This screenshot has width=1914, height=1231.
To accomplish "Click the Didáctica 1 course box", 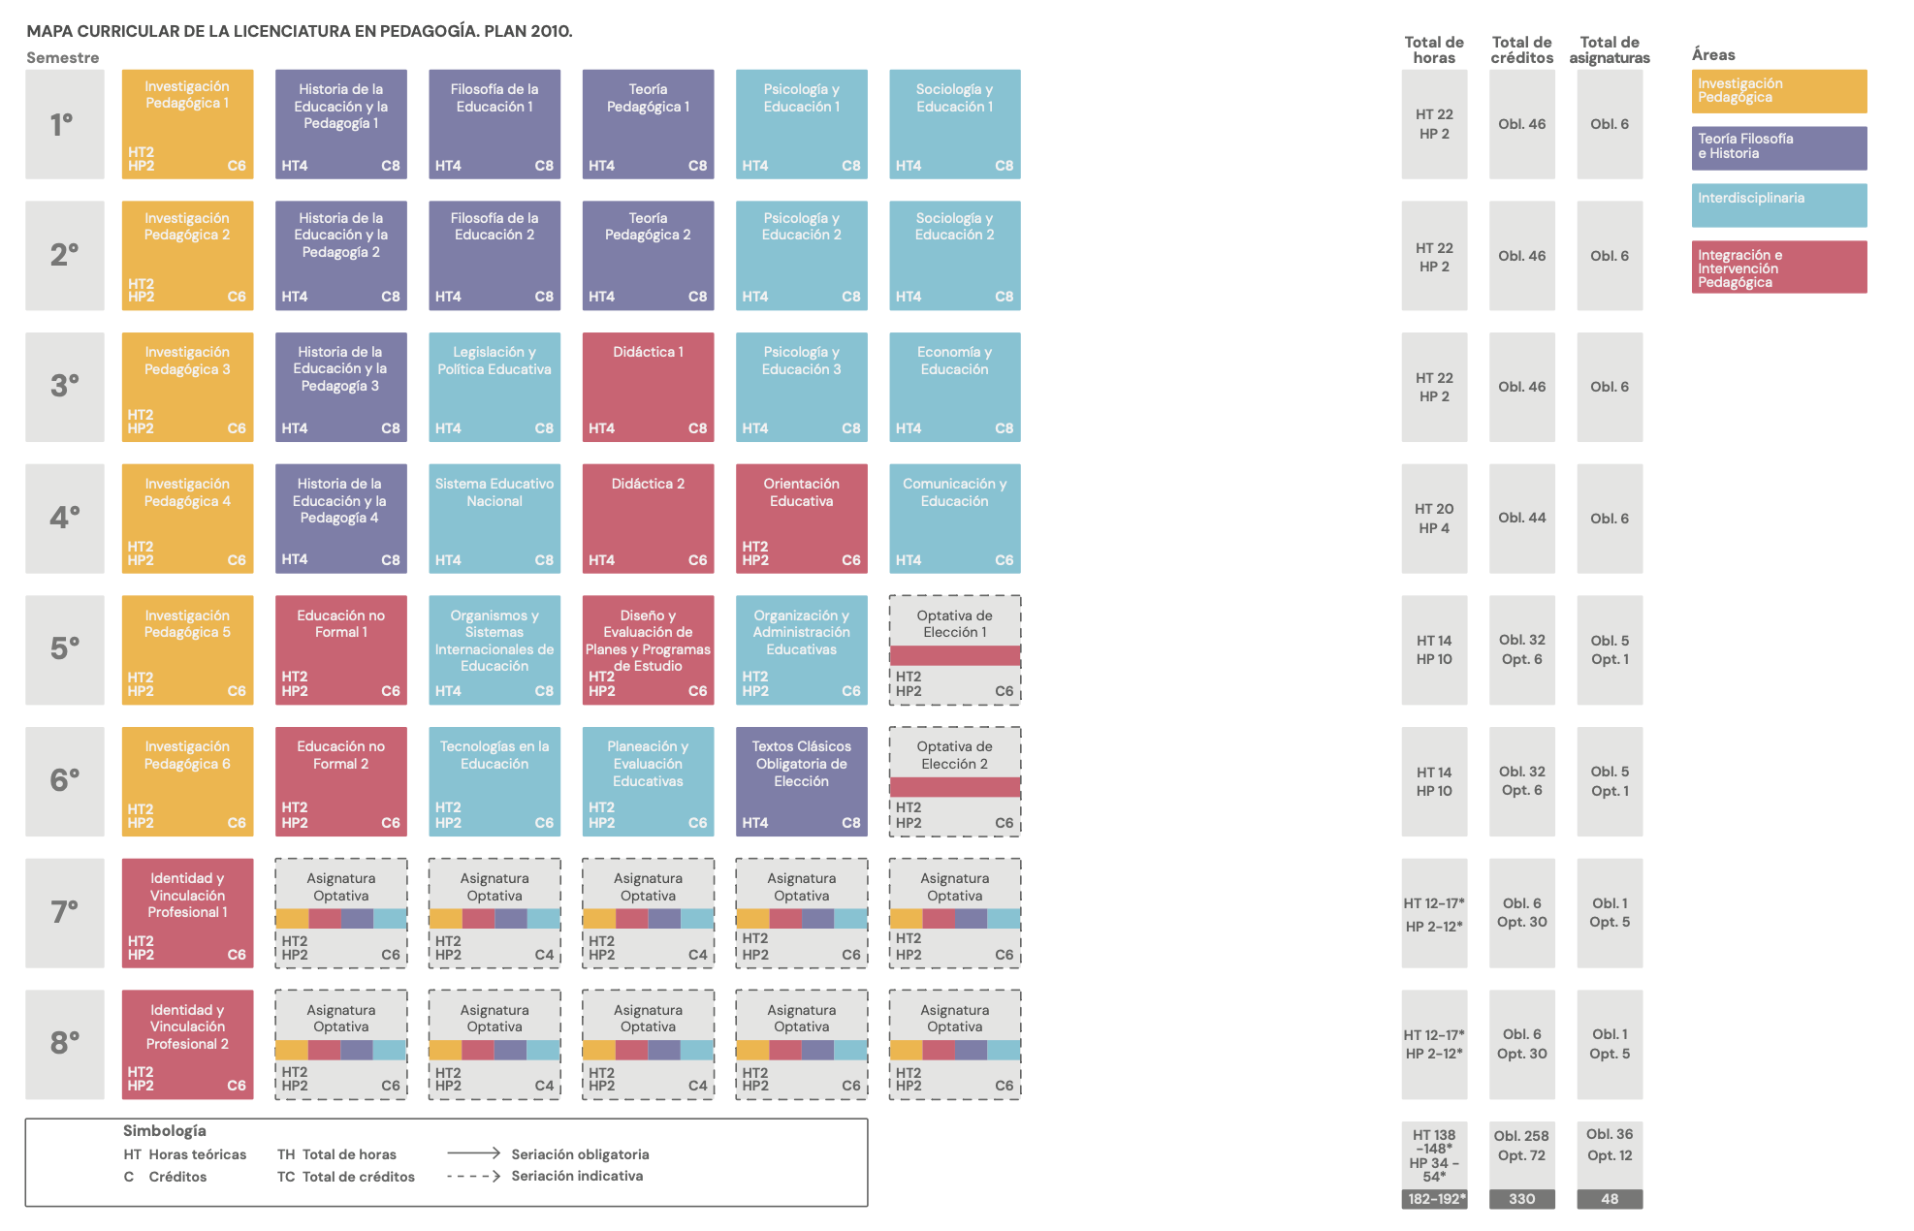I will click(648, 387).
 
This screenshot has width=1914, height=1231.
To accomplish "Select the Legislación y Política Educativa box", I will click(494, 387).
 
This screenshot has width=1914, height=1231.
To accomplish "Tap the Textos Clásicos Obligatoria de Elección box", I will click(801, 781).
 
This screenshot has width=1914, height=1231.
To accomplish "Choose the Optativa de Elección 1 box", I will click(954, 649).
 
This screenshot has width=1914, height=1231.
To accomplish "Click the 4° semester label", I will click(65, 518).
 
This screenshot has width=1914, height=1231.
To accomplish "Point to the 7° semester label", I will click(65, 912).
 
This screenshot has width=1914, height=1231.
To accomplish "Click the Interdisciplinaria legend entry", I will click(1778, 205).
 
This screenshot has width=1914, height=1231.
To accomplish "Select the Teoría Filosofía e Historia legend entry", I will click(1778, 147).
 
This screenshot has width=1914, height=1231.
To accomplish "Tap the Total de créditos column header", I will click(1521, 49).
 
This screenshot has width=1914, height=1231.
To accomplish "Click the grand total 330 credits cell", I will click(1521, 1199).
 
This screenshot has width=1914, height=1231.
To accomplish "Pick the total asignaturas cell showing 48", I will click(1609, 1199).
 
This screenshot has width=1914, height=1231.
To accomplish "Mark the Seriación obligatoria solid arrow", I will click(473, 1153).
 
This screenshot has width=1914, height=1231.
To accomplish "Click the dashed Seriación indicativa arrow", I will click(473, 1176).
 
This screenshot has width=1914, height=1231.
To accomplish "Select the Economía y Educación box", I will click(954, 387).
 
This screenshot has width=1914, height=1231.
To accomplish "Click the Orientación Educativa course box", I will click(801, 518).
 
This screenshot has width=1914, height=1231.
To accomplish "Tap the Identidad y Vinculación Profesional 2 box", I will click(187, 1044).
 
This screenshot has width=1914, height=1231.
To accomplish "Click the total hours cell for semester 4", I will click(1433, 518).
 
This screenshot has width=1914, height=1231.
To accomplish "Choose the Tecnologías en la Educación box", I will click(494, 781).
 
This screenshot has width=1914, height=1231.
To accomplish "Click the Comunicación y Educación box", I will click(954, 518).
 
